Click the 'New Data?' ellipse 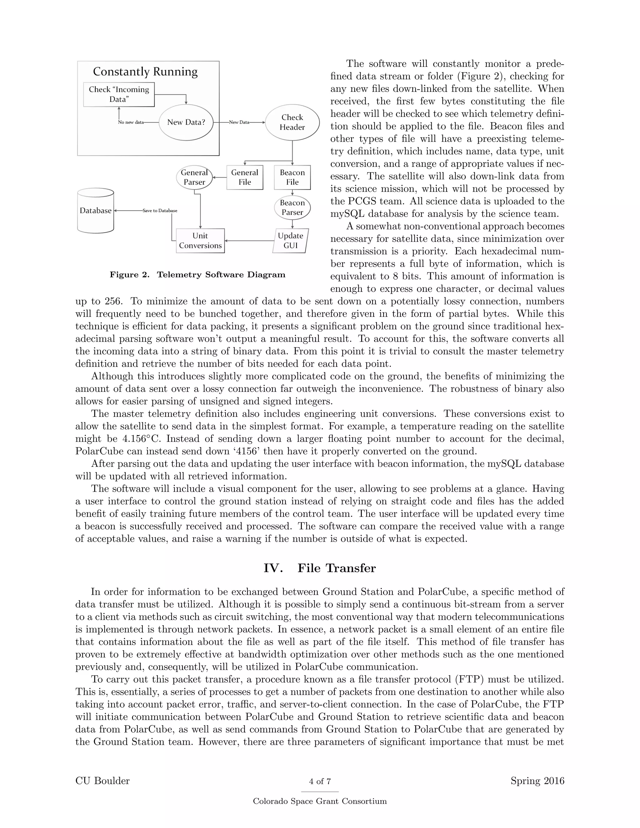(186, 122)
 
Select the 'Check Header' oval (292, 122)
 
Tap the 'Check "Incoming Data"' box (119, 94)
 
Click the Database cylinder (96, 211)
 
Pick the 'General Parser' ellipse (194, 177)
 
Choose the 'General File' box (245, 177)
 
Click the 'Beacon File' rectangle (292, 177)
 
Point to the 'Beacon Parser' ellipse (292, 207)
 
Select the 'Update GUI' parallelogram (290, 240)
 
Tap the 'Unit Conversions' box (200, 240)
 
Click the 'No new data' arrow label (131, 122)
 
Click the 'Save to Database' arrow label (160, 210)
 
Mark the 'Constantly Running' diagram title (145, 72)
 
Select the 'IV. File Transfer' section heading (320, 568)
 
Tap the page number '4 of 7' (320, 781)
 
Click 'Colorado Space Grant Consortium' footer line (320, 801)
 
